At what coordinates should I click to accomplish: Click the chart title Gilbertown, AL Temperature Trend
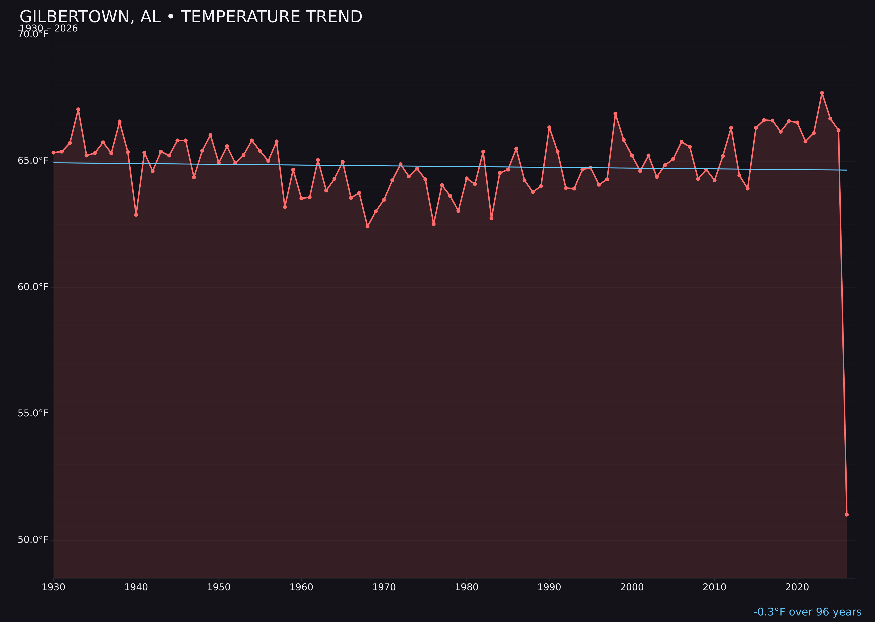(191, 17)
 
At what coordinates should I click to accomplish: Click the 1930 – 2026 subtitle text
(49, 28)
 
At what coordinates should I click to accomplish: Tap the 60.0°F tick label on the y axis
(33, 287)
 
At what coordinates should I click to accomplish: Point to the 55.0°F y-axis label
(33, 413)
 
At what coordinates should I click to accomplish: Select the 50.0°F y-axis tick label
(33, 540)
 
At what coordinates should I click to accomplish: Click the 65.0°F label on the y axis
(33, 161)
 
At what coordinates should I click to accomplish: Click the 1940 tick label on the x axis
(136, 587)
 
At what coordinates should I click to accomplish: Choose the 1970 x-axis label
(384, 587)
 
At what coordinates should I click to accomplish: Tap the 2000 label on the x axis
(632, 587)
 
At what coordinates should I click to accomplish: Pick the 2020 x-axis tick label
(797, 587)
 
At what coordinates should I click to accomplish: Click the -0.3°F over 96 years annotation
(807, 612)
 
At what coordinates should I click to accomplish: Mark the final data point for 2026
(847, 514)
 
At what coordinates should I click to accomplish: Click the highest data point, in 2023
(822, 93)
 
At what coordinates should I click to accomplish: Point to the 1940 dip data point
(136, 215)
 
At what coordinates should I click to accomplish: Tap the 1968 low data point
(367, 226)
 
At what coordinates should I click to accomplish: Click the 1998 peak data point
(615, 114)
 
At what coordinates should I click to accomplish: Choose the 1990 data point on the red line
(549, 127)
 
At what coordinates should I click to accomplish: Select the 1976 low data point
(434, 224)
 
